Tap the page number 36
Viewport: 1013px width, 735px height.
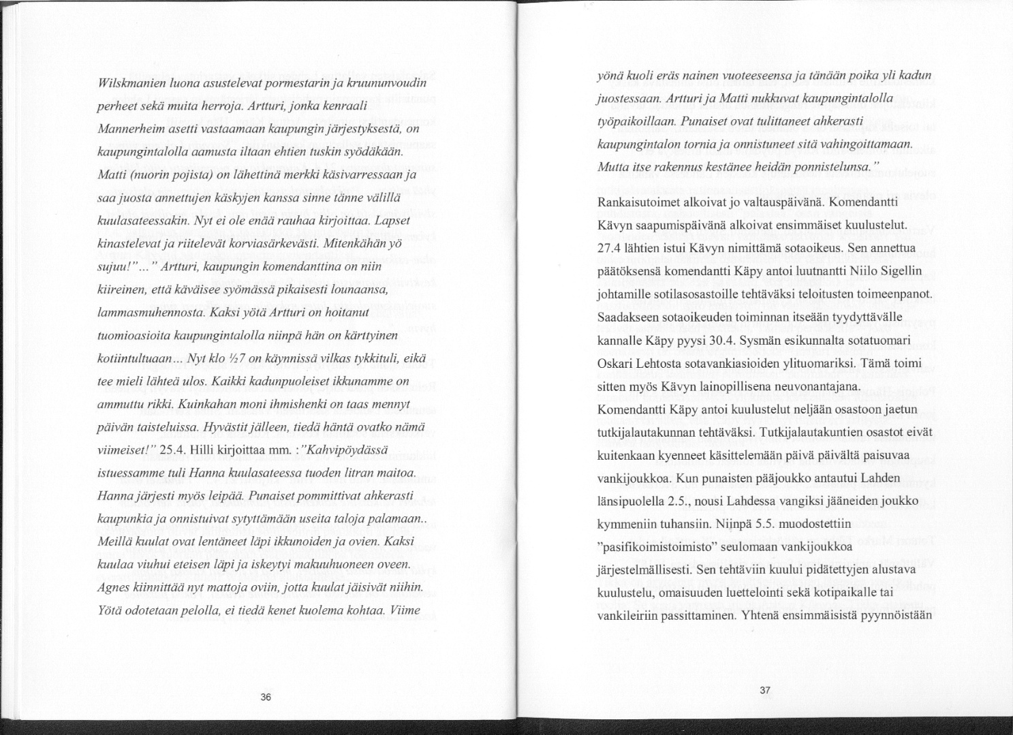(x=266, y=697)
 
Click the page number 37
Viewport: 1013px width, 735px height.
(x=764, y=691)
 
